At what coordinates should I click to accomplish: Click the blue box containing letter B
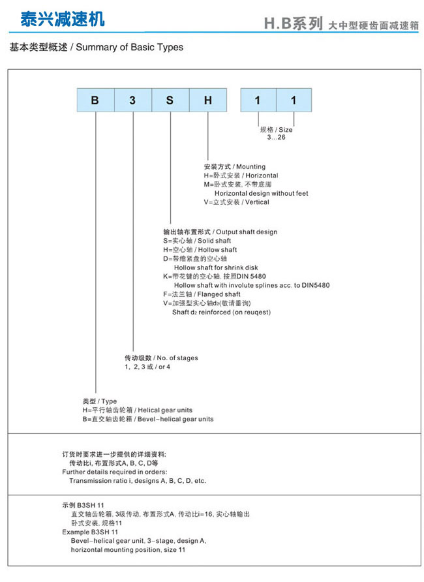96,100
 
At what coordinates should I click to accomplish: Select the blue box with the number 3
133,100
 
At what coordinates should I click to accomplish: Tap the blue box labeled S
170,100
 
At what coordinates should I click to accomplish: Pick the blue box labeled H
207,100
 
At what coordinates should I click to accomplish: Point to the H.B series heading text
294,25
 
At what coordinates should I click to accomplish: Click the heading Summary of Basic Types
97,47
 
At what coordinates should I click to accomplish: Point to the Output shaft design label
220,232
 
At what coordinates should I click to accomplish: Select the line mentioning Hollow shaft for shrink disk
215,268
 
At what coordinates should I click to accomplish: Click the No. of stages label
161,358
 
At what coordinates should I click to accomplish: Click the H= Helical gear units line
137,410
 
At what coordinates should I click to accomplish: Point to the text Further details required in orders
114,472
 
